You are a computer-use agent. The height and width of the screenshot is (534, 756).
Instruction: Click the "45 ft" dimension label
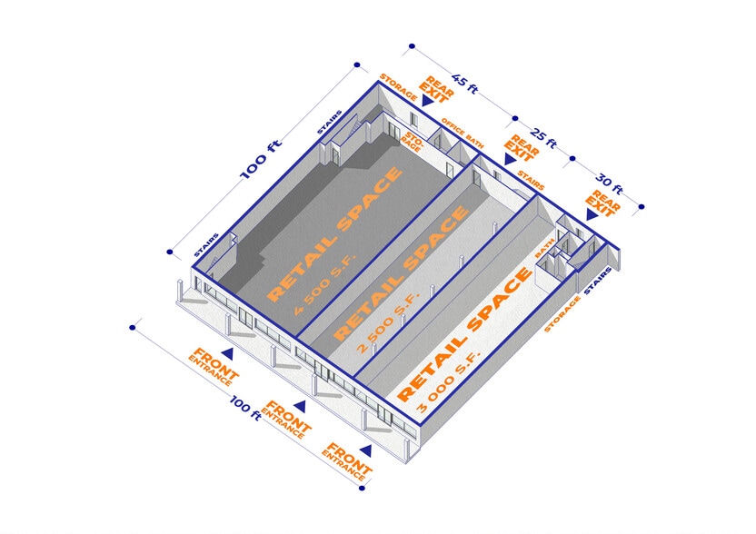[465, 84]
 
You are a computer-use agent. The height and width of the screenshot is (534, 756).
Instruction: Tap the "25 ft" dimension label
[544, 138]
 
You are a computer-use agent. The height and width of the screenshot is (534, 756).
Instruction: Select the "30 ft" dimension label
[609, 184]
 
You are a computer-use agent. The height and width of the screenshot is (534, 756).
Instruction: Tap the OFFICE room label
[453, 126]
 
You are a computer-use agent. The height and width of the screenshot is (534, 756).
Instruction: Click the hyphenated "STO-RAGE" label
[413, 141]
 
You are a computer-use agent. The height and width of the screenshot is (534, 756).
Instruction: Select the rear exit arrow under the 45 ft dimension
[427, 100]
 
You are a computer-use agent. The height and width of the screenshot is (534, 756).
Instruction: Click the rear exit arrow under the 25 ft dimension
[510, 160]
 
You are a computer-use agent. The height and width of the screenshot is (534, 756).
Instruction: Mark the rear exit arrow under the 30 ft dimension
[592, 214]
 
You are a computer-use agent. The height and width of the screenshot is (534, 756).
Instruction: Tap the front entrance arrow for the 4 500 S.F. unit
[227, 354]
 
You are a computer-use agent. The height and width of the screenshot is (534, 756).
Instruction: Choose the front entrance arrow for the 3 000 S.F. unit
[365, 450]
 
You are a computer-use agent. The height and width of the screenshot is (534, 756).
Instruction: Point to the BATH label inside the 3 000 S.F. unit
[544, 248]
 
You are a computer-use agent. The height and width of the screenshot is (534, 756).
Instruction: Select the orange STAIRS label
[531, 180]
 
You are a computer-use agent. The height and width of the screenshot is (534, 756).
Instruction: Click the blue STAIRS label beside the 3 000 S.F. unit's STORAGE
[598, 281]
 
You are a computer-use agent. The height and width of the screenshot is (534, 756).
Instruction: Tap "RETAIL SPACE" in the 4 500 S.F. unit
[334, 234]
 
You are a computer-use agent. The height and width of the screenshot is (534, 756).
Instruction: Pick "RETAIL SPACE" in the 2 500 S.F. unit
[401, 273]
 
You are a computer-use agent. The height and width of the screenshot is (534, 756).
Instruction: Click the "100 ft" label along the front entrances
[245, 408]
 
